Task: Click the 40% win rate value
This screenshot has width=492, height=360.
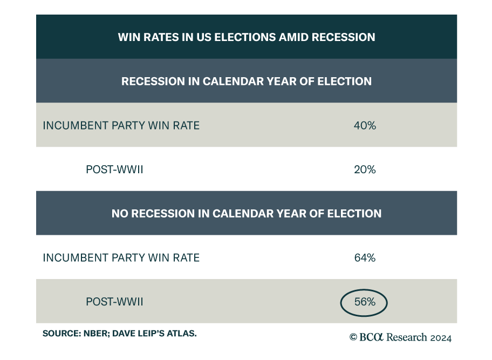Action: [x=365, y=125]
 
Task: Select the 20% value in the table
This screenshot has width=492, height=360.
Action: [x=365, y=169]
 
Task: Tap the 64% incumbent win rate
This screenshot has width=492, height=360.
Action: [x=365, y=258]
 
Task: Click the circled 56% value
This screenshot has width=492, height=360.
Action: [x=365, y=302]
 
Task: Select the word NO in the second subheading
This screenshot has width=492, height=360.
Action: [x=120, y=214]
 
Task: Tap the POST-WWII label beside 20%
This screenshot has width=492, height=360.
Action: [x=114, y=169]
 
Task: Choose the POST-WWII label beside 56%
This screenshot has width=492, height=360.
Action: [x=114, y=302]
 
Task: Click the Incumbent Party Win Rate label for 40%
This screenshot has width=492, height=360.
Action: [x=121, y=125]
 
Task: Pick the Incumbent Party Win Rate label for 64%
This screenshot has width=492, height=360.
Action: [x=121, y=258]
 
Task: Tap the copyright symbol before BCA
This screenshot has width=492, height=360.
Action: [x=353, y=338]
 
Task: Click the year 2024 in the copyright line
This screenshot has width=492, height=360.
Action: [x=440, y=338]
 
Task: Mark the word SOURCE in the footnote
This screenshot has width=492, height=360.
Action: [x=59, y=334]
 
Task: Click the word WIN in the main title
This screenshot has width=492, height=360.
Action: [x=128, y=37]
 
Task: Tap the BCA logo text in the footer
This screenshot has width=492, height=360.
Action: [x=370, y=338]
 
